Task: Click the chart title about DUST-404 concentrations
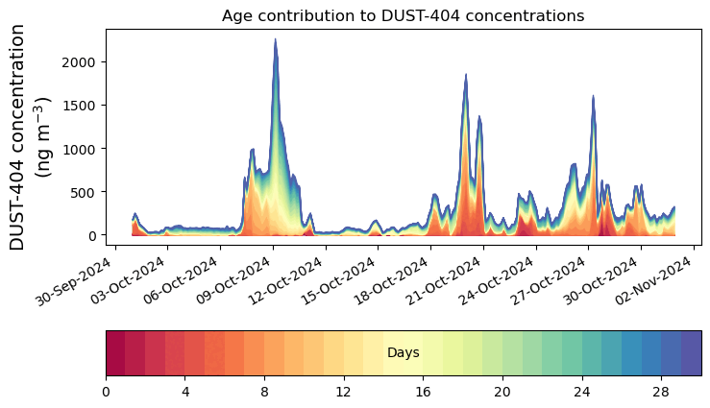pyautogui.click(x=403, y=15)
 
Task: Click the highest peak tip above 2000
pyautogui.click(x=275, y=40)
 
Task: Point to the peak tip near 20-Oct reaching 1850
pyautogui.click(x=466, y=75)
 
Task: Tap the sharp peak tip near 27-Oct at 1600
pyautogui.click(x=593, y=96)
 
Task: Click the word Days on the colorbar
pyautogui.click(x=403, y=353)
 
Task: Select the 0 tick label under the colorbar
pyautogui.click(x=106, y=392)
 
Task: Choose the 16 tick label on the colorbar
pyautogui.click(x=423, y=392)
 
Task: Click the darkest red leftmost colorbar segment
pyautogui.click(x=115, y=353)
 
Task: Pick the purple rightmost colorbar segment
pyautogui.click(x=691, y=353)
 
